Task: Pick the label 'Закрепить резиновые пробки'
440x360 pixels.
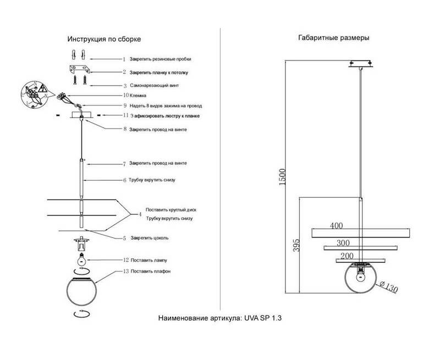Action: pos(161,58)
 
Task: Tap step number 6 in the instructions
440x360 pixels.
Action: pos(125,180)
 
